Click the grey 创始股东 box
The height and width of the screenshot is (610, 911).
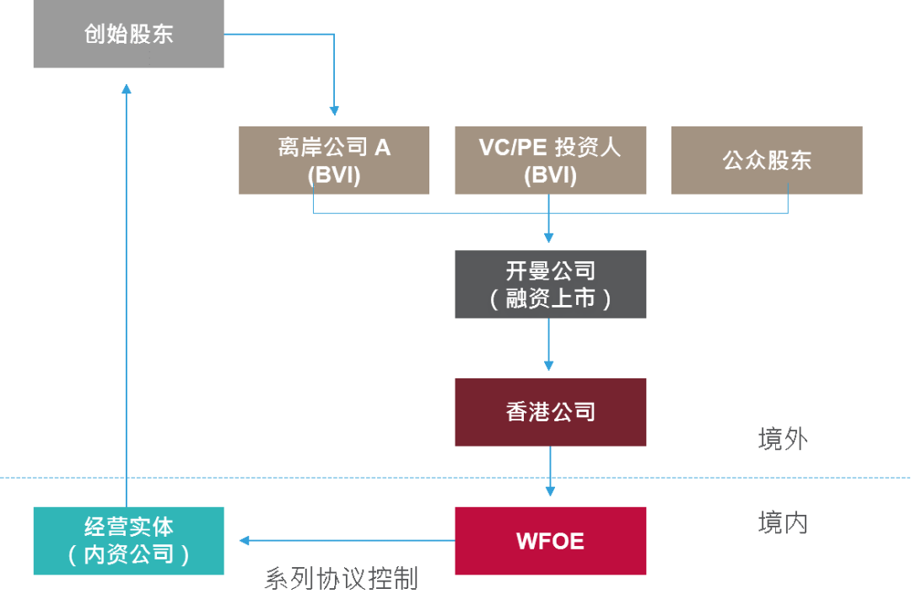(128, 35)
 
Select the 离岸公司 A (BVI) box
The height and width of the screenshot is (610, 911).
(334, 160)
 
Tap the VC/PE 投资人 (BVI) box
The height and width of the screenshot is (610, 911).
(550, 160)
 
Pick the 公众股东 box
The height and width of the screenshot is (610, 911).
(766, 160)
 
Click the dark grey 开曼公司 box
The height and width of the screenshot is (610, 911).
(550, 284)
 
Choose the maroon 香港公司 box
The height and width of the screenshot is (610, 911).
(550, 412)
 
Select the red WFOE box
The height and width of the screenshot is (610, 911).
(550, 541)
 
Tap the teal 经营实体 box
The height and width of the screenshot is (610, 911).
(128, 541)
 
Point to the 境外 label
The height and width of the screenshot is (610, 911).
(782, 439)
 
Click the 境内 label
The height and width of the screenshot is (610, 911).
(782, 523)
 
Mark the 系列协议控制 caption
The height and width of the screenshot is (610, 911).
(341, 579)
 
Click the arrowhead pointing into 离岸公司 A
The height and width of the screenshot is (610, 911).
(334, 110)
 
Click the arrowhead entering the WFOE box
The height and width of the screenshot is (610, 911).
(550, 491)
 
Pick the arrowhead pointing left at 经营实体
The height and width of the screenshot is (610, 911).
(245, 541)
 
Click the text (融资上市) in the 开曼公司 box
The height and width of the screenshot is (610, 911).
(550, 299)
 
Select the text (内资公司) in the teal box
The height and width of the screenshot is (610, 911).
(128, 554)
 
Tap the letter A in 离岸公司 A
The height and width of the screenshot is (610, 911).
(382, 147)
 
